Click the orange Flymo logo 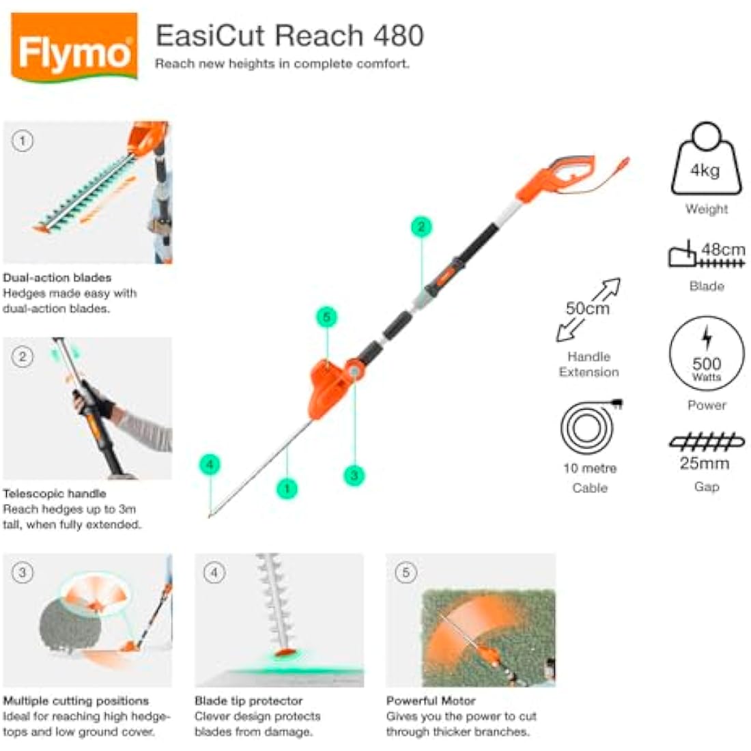(74, 48)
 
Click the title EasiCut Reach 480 (289, 36)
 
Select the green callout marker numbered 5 (327, 317)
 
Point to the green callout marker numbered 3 (354, 475)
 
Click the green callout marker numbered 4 (210, 465)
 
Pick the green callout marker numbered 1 (287, 488)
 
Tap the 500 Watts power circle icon (707, 353)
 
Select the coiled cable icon (587, 428)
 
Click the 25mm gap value (705, 464)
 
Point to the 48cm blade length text (723, 249)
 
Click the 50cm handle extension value (587, 309)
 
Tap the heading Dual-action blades (57, 278)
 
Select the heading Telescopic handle (55, 494)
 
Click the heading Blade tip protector (249, 701)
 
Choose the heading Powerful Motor (431, 701)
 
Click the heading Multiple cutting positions (76, 701)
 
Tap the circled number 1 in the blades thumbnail (23, 141)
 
